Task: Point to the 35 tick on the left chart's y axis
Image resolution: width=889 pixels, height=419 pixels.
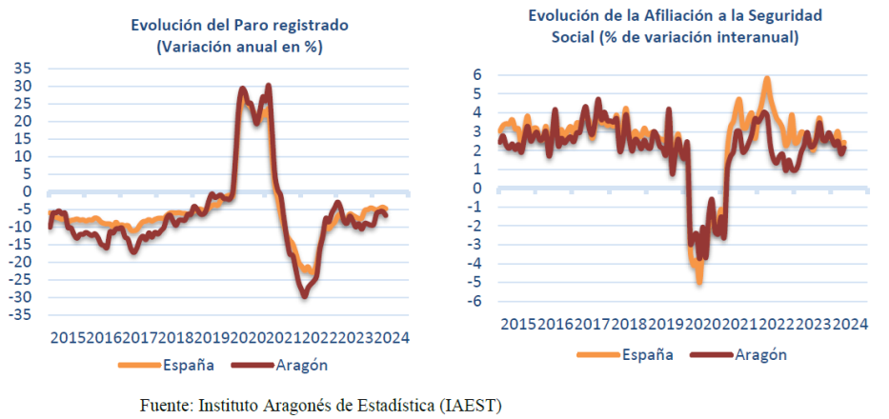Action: click(x=23, y=69)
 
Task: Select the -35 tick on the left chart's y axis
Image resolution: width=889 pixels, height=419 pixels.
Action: click(x=21, y=314)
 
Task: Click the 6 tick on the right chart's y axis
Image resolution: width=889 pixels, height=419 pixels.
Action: click(x=478, y=74)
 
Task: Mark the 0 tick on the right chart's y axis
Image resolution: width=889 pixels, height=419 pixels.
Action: click(x=478, y=188)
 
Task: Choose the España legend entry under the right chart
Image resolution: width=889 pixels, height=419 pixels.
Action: click(x=648, y=354)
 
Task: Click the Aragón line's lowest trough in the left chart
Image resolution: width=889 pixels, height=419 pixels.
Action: click(x=305, y=295)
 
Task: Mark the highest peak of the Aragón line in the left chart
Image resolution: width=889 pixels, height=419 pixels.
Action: click(x=269, y=86)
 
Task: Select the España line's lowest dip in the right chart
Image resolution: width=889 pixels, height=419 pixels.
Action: click(x=699, y=281)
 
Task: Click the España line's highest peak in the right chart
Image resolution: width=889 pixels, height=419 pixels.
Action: click(x=767, y=79)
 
